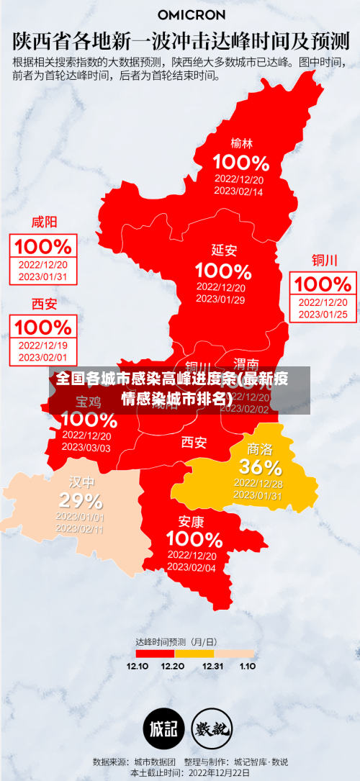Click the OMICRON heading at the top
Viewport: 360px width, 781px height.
[x=191, y=14]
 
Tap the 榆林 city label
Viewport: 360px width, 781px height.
[x=241, y=143]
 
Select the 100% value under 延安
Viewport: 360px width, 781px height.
[x=223, y=271]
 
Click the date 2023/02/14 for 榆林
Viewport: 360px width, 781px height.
[x=238, y=192]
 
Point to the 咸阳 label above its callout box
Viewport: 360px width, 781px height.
[x=44, y=222]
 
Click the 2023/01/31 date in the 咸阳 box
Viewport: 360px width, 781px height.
[x=43, y=276]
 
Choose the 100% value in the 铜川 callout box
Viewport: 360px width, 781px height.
[x=323, y=284]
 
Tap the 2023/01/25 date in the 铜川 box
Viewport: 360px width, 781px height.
[x=323, y=314]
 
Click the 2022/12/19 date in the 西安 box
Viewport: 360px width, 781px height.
[x=43, y=346]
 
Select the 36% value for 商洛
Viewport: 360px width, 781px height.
[x=260, y=466]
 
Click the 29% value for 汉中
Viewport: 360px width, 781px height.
[x=80, y=500]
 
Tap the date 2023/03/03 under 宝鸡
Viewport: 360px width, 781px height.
[x=86, y=447]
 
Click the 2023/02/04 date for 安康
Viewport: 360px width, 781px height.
[x=192, y=567]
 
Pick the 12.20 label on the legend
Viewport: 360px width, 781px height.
[x=173, y=666]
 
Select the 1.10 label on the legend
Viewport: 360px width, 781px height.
[x=247, y=666]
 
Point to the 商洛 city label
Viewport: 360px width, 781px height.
[x=260, y=448]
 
